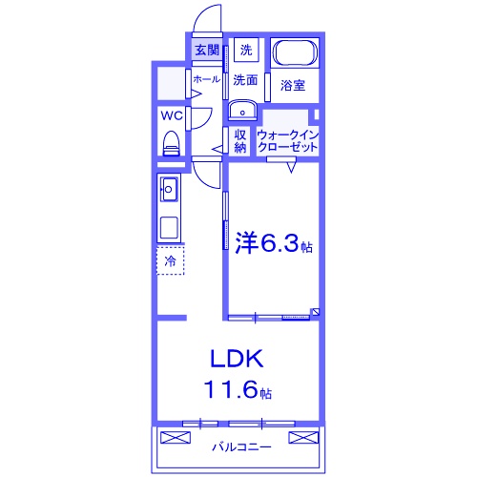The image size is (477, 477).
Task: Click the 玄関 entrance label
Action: (207, 50)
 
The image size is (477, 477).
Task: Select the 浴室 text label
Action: (293, 86)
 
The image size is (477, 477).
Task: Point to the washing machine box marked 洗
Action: (246, 50)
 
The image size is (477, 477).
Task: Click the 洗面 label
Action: (246, 81)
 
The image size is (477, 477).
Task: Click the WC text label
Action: (172, 116)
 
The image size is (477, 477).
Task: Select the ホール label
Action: (206, 80)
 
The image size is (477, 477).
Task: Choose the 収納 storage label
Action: (240, 141)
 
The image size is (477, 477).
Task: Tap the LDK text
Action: (237, 360)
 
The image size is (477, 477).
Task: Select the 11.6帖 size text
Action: (237, 389)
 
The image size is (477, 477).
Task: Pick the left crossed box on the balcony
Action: (177, 438)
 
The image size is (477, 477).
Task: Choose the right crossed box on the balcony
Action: (303, 438)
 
